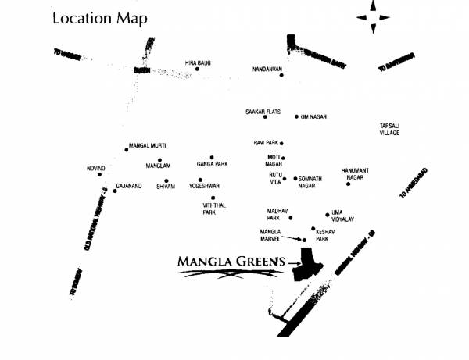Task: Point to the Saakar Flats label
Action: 263,112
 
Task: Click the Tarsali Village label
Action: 389,129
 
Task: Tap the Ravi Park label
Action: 265,143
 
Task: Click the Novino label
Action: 95,169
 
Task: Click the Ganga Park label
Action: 212,164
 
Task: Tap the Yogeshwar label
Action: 205,187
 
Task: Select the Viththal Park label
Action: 209,209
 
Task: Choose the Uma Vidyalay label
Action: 342,216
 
